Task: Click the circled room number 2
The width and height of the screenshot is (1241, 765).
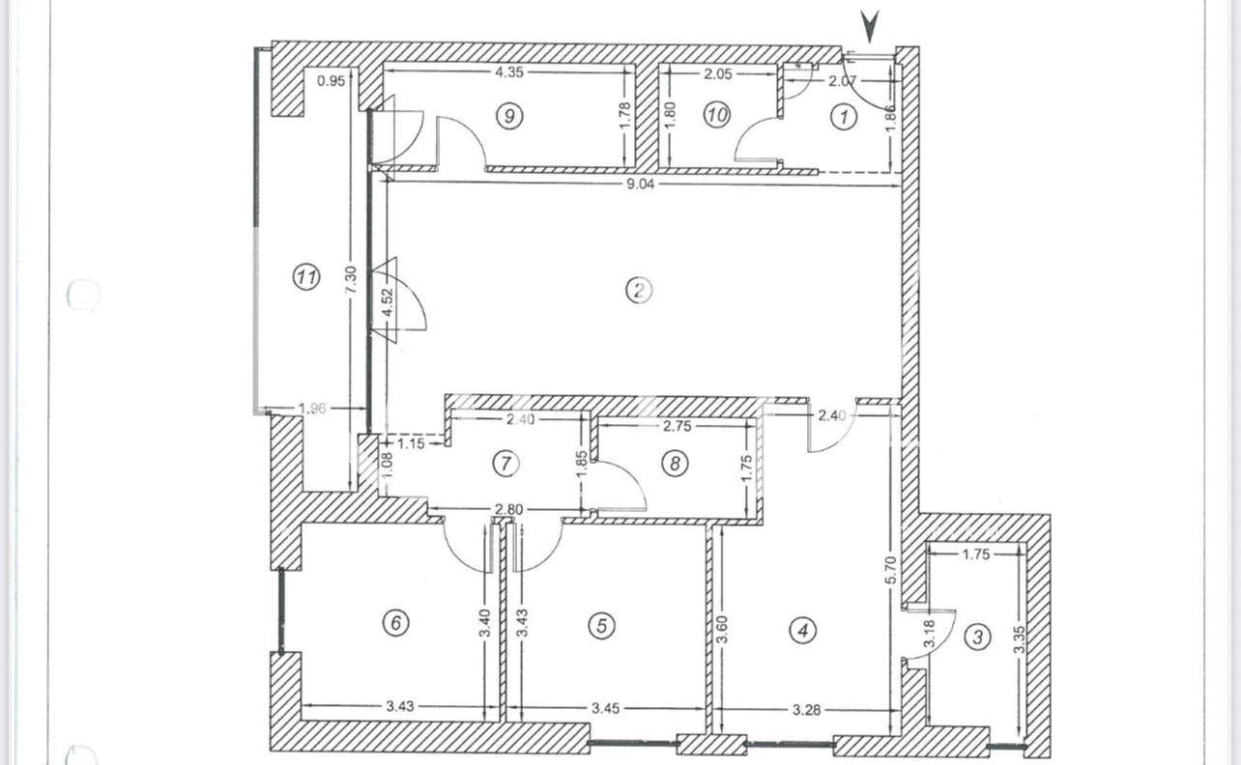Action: [639, 290]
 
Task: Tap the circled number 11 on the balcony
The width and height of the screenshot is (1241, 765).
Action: [306, 276]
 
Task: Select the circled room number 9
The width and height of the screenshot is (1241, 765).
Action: [509, 116]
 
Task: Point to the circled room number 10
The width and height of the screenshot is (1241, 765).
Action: [717, 116]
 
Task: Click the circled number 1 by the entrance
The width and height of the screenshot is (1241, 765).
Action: [844, 117]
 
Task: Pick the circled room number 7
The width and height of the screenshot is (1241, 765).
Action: [505, 464]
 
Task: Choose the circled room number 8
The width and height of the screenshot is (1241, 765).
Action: [675, 463]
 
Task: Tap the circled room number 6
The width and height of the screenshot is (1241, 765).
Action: [396, 623]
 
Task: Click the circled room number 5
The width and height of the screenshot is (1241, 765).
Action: [602, 626]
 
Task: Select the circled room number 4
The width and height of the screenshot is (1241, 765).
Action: [803, 630]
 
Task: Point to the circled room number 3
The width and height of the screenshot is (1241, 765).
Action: [978, 637]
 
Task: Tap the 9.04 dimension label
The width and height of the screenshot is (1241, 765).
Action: [640, 184]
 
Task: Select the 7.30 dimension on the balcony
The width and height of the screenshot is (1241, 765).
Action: [351, 281]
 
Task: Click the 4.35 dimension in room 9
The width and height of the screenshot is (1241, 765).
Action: [509, 72]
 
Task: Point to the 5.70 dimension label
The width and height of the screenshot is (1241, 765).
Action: [890, 570]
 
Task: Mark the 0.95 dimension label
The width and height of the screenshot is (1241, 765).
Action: [332, 81]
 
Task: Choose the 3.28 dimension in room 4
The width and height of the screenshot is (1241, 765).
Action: [806, 709]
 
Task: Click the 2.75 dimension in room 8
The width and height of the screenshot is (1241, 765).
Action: [678, 426]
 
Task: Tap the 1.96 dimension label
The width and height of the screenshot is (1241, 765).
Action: [312, 409]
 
